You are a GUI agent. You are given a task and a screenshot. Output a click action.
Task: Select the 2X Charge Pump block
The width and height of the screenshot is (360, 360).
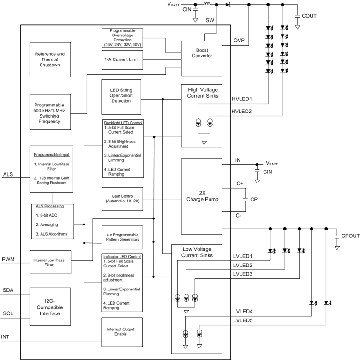pyautogui.click(x=202, y=196)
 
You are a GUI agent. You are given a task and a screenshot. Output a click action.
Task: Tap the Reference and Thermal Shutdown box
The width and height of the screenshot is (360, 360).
pyautogui.click(x=50, y=59)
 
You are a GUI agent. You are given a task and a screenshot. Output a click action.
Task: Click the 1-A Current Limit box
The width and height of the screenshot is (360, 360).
pyautogui.click(x=122, y=59)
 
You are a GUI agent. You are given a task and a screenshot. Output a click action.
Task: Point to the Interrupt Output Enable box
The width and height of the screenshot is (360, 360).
pyautogui.click(x=122, y=332)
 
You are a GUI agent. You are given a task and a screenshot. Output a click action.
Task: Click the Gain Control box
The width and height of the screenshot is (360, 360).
pyautogui.click(x=122, y=199)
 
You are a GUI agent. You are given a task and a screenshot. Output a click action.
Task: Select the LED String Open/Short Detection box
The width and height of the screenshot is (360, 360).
pyautogui.click(x=122, y=97)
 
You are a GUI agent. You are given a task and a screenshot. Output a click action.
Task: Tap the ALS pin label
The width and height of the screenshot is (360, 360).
pyautogui.click(x=8, y=175)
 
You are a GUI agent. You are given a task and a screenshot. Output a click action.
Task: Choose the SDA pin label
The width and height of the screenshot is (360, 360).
pyautogui.click(x=8, y=290)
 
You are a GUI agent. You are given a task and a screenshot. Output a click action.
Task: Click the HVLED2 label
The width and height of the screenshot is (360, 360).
pyautogui.click(x=241, y=111)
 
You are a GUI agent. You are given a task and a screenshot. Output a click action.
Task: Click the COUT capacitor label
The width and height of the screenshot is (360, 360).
pyautogui.click(x=309, y=16)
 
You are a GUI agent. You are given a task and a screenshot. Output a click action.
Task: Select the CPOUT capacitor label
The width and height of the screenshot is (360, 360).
pyautogui.click(x=350, y=236)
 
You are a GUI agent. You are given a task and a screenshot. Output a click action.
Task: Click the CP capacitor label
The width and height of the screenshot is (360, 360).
pyautogui.click(x=253, y=200)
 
